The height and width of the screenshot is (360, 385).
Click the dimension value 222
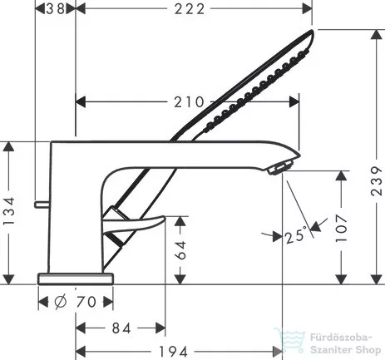[194, 9]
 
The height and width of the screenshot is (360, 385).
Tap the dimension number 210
[190, 102]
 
